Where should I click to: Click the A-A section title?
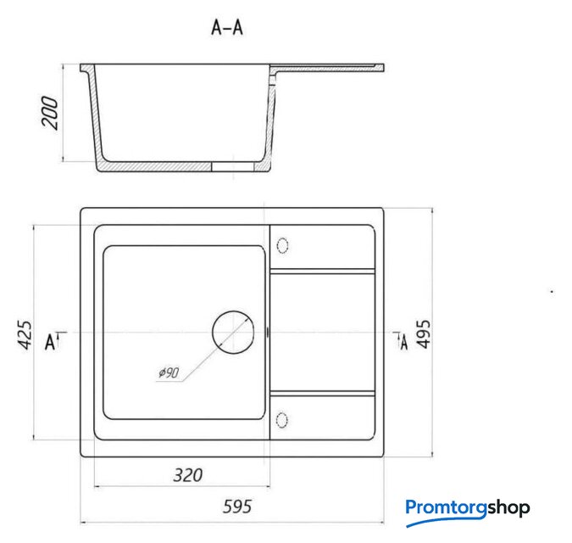coord(227,27)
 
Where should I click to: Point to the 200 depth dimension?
coord(50,113)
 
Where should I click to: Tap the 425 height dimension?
coord(25,335)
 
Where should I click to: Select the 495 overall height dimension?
coord(424,334)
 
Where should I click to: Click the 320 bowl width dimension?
coord(187,475)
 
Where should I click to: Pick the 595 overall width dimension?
coord(237,507)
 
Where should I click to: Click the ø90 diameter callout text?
coord(169,372)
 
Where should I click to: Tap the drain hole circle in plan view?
coord(233,332)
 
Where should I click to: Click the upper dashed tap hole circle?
coord(283,245)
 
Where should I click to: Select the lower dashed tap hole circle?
coord(282,420)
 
